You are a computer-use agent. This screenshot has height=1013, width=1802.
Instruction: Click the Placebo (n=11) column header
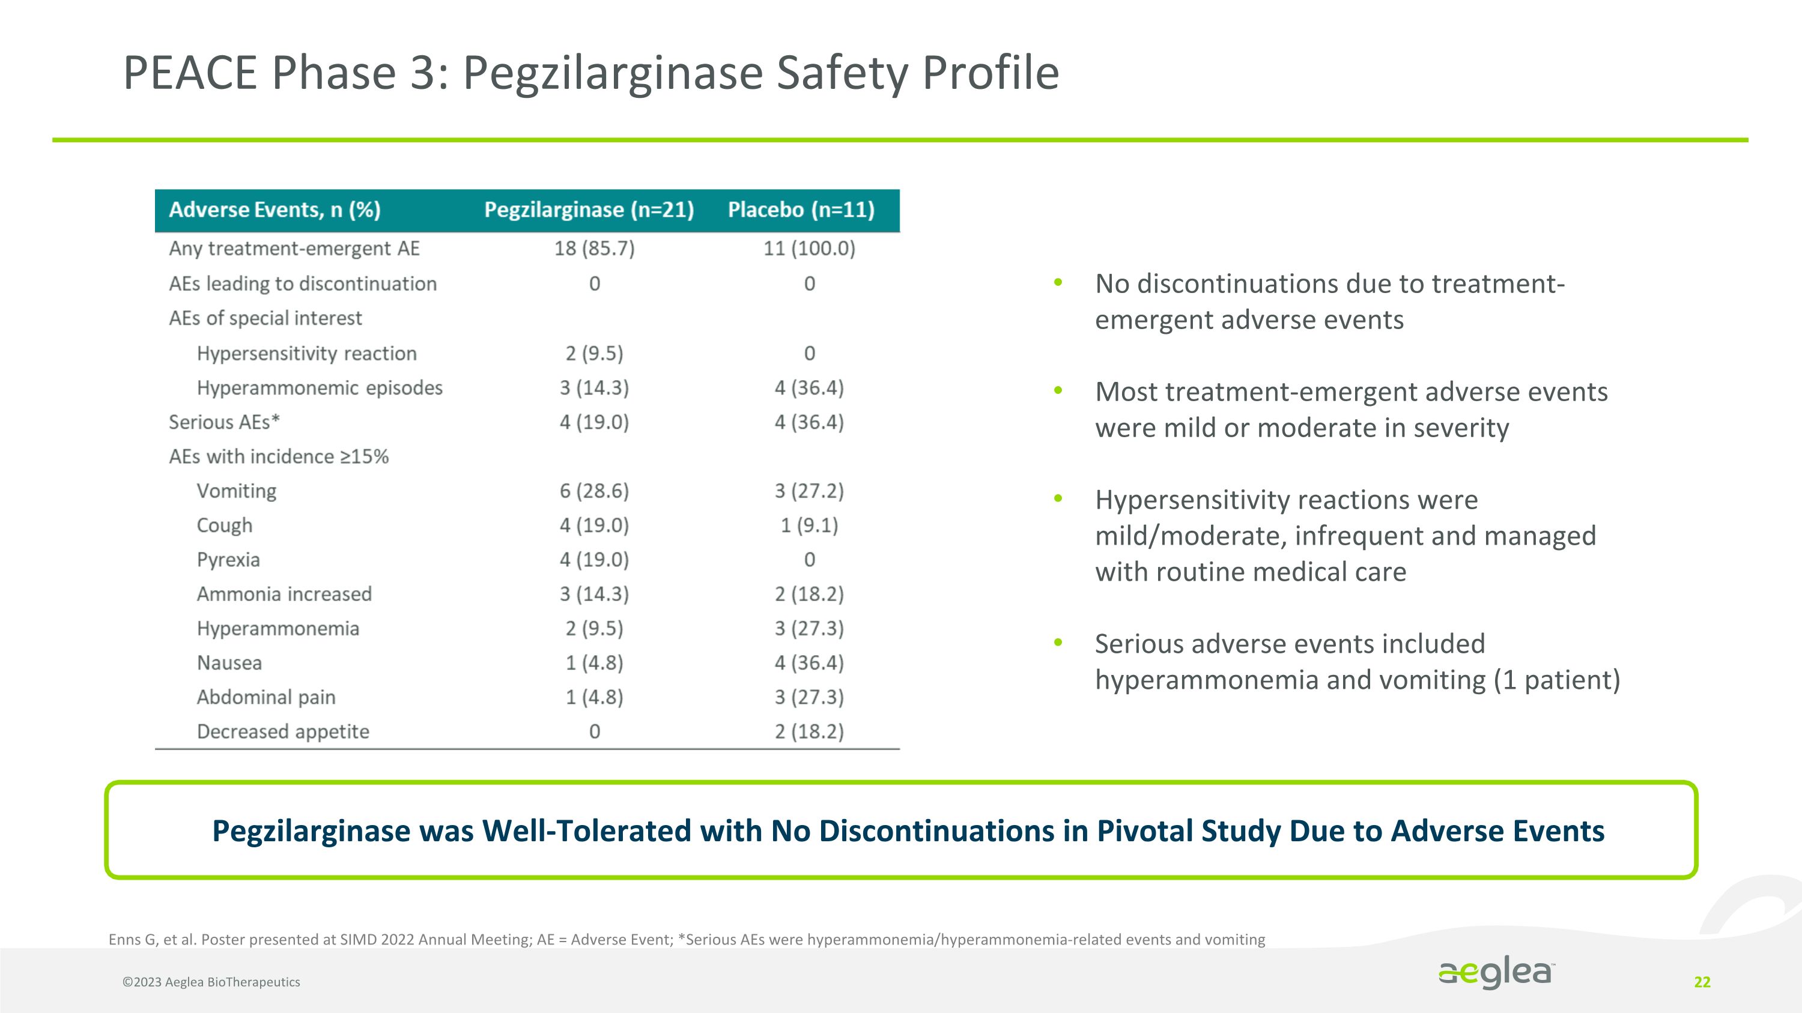point(801,210)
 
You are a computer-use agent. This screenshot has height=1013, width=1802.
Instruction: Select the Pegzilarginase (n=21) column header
point(589,210)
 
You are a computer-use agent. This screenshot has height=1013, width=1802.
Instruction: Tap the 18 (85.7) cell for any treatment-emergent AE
point(594,248)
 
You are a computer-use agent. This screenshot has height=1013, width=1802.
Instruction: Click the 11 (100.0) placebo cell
point(808,248)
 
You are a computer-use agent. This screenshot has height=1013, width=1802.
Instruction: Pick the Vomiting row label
point(237,491)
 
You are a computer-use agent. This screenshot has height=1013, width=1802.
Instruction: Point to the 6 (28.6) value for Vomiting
point(594,491)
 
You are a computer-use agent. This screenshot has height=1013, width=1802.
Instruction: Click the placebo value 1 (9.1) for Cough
point(808,525)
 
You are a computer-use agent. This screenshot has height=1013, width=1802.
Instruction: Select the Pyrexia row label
point(228,559)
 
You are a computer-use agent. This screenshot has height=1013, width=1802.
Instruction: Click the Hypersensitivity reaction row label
point(306,353)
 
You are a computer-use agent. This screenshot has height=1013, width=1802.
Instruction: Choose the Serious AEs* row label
point(224,422)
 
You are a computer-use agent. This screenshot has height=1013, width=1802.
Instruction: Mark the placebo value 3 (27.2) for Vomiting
point(808,491)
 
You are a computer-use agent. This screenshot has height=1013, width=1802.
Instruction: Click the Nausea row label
point(229,663)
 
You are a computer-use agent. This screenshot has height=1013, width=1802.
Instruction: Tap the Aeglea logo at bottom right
point(1496,972)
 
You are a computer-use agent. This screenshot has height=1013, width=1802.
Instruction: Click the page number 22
point(1702,982)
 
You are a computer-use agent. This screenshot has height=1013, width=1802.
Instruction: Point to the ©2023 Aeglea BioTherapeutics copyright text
point(211,982)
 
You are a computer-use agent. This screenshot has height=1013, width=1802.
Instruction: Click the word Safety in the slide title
point(842,73)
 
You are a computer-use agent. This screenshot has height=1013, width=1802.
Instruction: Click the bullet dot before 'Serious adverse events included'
point(1058,643)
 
